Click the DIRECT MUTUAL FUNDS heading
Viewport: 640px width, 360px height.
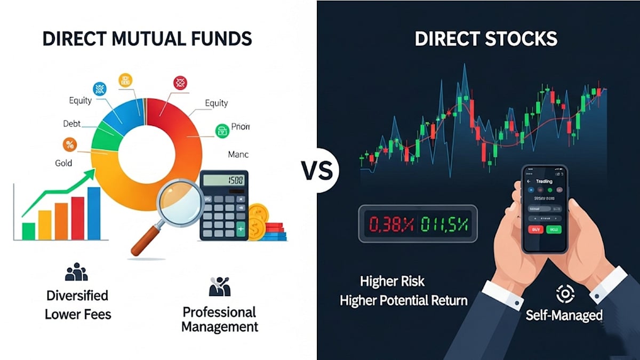(x=147, y=39)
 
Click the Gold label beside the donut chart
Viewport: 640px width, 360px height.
(x=63, y=163)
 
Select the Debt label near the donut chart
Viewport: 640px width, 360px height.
(x=72, y=124)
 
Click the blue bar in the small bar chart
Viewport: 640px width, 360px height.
(x=94, y=213)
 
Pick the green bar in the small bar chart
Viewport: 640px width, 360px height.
(x=28, y=231)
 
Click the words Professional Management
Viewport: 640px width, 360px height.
(x=219, y=319)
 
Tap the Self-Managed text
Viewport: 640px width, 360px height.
(x=564, y=315)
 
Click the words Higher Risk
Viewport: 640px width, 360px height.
(x=393, y=281)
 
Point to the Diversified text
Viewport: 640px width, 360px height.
(x=77, y=295)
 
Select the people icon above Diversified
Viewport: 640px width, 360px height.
(x=76, y=272)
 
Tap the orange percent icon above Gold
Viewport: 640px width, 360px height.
(x=69, y=144)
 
